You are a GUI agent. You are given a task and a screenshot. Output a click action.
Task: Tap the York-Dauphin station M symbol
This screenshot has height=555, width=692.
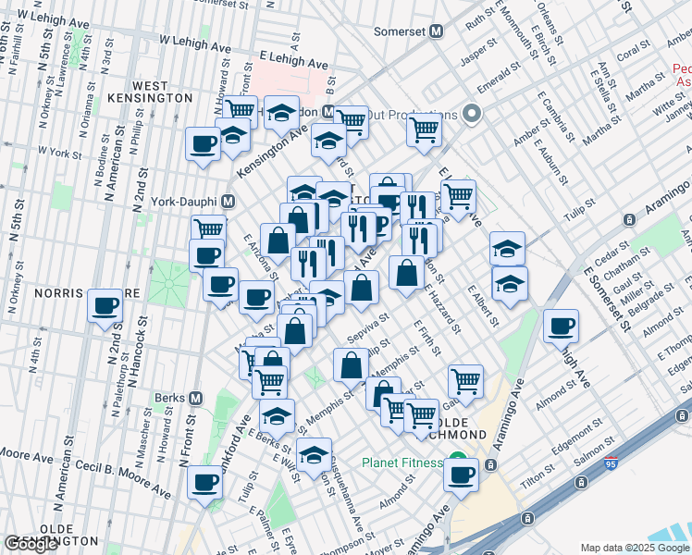[227, 201]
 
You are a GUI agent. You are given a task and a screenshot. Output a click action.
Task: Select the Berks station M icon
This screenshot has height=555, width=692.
[195, 398]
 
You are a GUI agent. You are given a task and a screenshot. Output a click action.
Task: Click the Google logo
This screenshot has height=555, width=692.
[31, 544]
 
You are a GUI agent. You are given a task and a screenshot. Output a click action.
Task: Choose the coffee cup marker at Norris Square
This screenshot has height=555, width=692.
[105, 305]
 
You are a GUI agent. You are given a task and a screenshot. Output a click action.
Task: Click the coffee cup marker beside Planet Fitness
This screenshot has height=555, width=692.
[461, 475]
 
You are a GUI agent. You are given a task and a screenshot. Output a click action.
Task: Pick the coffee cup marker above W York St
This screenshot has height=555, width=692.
[203, 143]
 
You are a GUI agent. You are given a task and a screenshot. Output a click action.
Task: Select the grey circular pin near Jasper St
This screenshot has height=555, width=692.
[472, 115]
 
